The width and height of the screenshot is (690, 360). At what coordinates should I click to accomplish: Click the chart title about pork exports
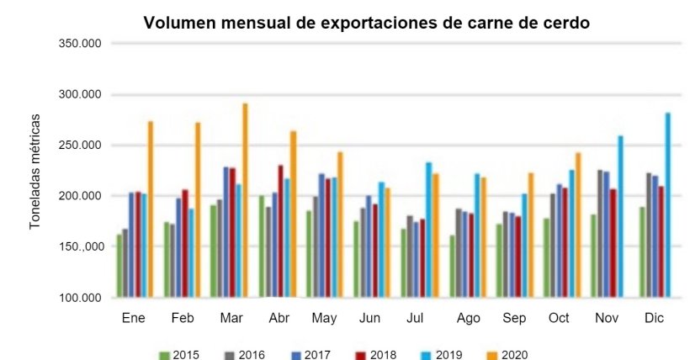(x=367, y=23)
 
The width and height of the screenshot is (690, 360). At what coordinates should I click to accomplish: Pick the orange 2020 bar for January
(x=151, y=209)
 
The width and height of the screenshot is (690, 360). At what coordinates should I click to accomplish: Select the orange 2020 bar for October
(x=579, y=225)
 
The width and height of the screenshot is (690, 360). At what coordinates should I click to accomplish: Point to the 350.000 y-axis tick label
(x=77, y=43)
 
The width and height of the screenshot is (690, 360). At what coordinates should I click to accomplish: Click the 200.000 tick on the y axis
(x=77, y=196)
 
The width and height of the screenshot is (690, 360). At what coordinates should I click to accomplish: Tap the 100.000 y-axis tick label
(x=77, y=298)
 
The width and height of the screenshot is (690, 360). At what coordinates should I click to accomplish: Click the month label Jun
(x=369, y=320)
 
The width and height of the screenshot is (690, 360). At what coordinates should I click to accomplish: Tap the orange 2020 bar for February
(x=198, y=209)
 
